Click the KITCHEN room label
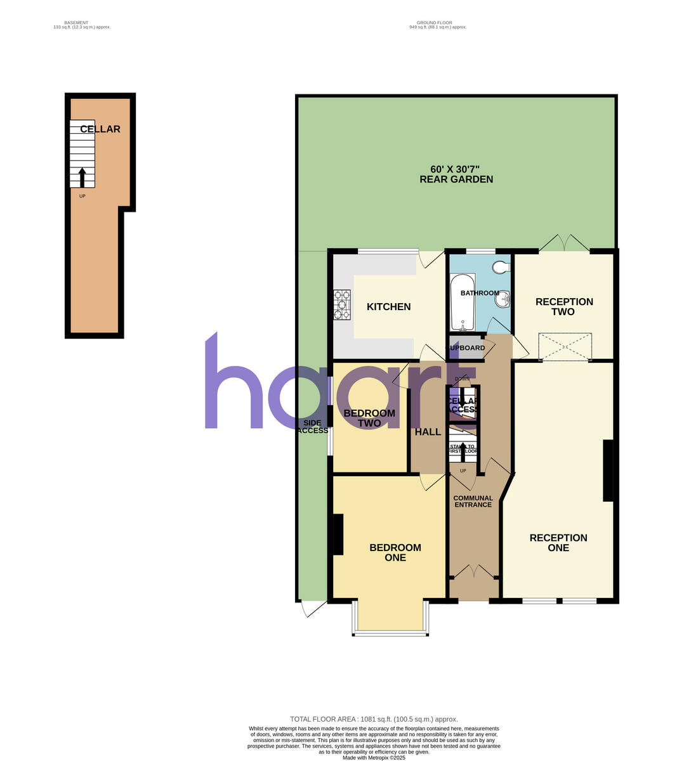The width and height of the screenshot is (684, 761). [x=388, y=307]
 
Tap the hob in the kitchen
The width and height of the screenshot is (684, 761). [x=341, y=304]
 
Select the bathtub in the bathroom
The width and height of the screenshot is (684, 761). [x=463, y=302]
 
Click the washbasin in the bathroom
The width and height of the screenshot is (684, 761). [x=505, y=299]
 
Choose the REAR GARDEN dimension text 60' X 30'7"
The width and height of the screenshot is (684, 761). [x=456, y=169]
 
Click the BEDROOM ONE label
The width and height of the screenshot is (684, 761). [x=395, y=552]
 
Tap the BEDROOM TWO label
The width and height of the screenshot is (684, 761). [x=369, y=418]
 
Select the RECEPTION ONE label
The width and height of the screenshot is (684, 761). [x=558, y=542]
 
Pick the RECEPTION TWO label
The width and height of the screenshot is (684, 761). [x=564, y=306]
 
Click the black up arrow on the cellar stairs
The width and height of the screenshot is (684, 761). [x=82, y=176]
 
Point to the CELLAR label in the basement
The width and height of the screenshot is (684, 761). [x=100, y=129]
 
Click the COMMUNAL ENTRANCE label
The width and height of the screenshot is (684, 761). [x=473, y=502]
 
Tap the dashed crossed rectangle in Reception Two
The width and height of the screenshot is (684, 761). [x=565, y=346]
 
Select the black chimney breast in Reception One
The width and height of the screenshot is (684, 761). [x=608, y=471]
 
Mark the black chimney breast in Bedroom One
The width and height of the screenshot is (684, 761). [x=338, y=533]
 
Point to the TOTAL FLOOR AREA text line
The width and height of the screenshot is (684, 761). [x=374, y=719]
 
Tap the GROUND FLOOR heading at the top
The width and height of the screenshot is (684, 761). [x=438, y=23]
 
